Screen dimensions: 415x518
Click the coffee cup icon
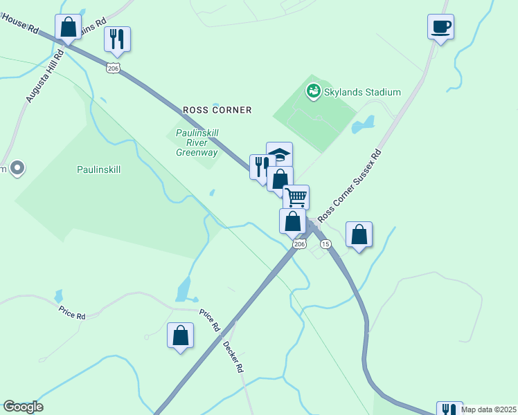point(440,27)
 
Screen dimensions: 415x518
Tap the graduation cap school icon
point(280,154)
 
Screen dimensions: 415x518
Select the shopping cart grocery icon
point(296,197)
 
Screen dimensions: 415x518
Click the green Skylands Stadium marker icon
point(313,91)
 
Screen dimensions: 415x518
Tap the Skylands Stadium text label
point(363,92)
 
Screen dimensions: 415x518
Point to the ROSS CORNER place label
point(217,110)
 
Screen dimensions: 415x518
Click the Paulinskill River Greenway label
point(197,142)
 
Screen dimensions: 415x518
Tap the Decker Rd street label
point(233,356)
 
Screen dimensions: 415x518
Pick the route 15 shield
point(325,244)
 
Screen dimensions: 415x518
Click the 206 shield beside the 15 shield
point(299,244)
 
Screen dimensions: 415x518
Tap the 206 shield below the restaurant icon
point(114,67)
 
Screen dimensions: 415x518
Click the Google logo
point(23,407)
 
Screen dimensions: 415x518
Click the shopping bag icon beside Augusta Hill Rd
point(68,28)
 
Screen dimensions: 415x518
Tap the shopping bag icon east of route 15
point(359,234)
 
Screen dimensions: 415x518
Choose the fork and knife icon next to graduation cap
point(261,167)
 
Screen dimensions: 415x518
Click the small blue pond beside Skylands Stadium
point(363,126)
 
